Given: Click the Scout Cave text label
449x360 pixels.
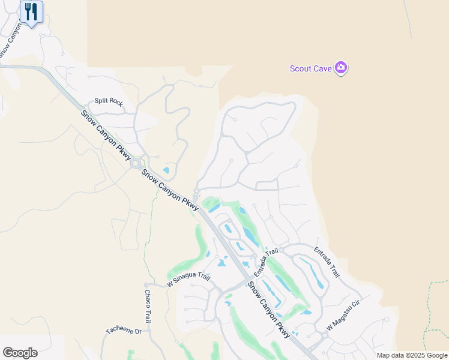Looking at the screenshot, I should [310, 68].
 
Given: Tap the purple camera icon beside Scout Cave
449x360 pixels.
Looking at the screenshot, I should [341, 68].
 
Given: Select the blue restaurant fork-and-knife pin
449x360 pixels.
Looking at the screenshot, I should [31, 12].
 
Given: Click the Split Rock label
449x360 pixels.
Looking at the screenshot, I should [109, 103].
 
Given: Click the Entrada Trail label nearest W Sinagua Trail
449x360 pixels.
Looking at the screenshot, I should [267, 262].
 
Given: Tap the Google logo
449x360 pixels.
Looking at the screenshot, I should [20, 353].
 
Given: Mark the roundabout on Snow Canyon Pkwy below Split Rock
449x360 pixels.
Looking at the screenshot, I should [137, 163].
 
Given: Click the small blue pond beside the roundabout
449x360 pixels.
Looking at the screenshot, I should [166, 170].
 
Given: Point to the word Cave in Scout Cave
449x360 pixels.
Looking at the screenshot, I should [323, 68].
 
